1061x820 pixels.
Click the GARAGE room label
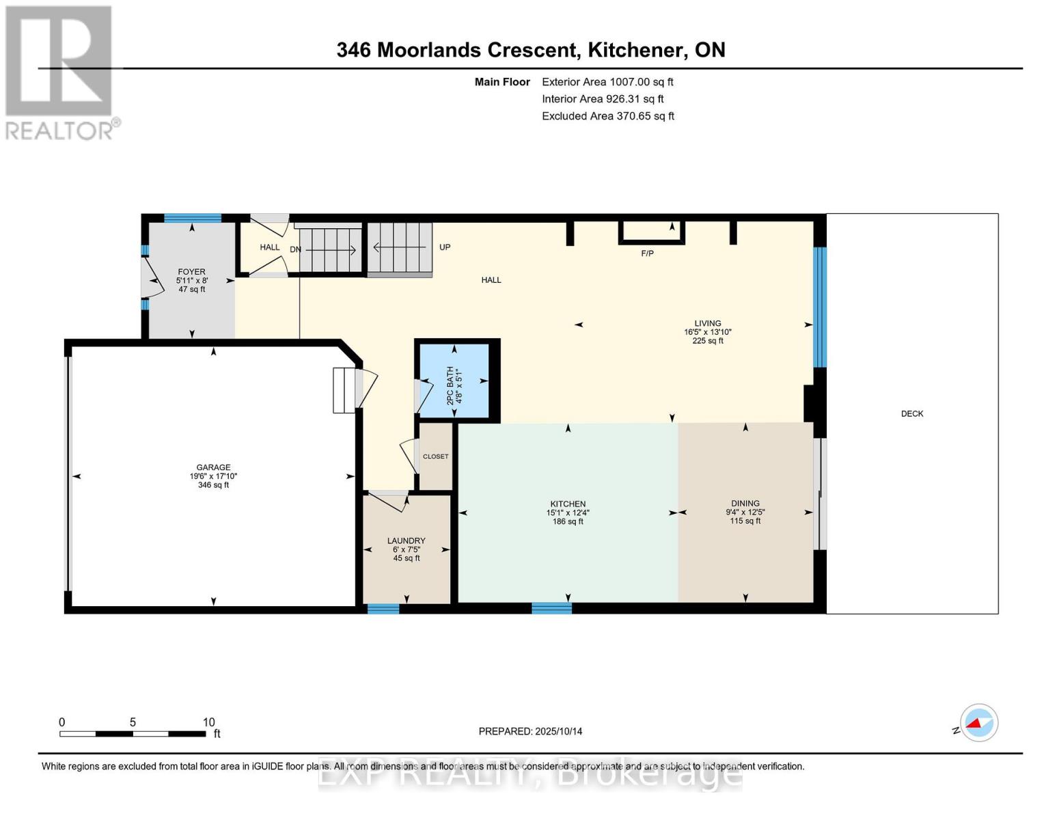(213, 468)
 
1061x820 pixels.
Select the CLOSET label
(435, 456)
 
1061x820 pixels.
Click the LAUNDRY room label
(406, 541)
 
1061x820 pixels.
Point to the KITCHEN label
(568, 504)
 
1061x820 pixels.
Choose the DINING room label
(745, 504)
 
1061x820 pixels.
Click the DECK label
(911, 414)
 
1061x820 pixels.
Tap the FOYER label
(191, 272)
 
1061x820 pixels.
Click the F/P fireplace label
(647, 254)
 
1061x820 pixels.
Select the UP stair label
(445, 247)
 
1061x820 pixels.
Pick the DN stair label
(295, 249)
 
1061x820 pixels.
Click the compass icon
(978, 722)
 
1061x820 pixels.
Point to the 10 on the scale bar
(208, 722)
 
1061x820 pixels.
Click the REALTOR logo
(60, 72)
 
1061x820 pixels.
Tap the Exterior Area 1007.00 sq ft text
(607, 82)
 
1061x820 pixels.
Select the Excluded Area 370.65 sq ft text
(607, 116)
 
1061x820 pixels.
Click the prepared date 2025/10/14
(558, 731)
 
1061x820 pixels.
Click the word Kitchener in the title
(637, 50)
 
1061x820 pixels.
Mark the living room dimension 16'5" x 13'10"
(707, 332)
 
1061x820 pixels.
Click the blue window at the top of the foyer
(192, 219)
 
